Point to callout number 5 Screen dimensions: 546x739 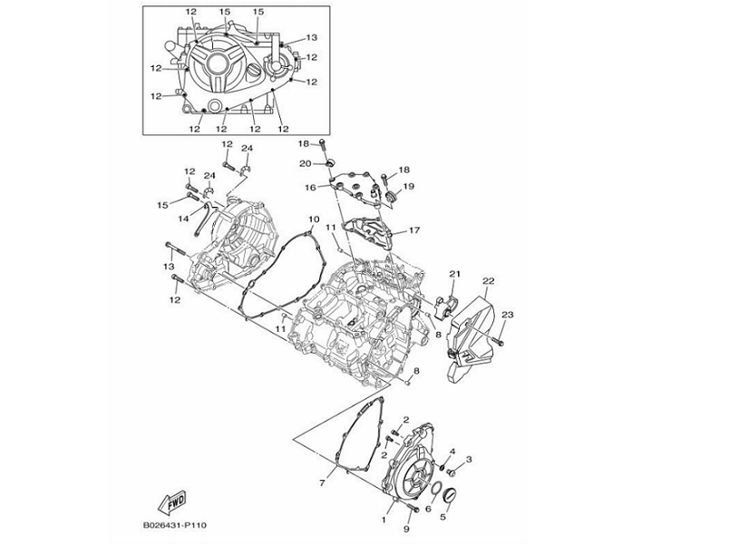click(x=444, y=518)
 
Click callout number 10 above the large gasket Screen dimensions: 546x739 click(x=313, y=219)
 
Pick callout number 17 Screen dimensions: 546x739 click(x=413, y=230)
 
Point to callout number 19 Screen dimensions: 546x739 click(x=408, y=186)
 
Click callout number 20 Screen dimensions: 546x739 click(x=305, y=163)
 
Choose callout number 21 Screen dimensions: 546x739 click(x=454, y=274)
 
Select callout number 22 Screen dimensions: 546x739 click(x=488, y=281)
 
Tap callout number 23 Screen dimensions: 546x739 click(x=507, y=314)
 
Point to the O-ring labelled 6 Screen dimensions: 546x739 click(x=436, y=492)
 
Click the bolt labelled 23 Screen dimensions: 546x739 click(x=497, y=341)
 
